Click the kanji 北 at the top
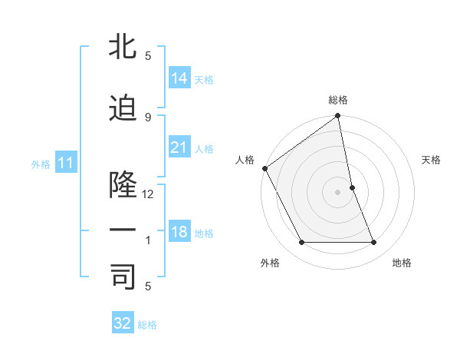[x=122, y=48]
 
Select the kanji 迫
[x=122, y=108]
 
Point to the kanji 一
[x=122, y=231]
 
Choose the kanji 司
[x=122, y=277]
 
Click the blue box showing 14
[x=179, y=78]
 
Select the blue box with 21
[x=179, y=147]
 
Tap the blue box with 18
[x=179, y=232]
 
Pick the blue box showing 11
[x=65, y=163]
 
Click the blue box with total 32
[x=123, y=323]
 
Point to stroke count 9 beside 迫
[x=148, y=116]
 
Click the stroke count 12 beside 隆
[x=148, y=194]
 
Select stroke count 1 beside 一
[x=148, y=240]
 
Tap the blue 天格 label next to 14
[x=204, y=79]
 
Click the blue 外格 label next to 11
[x=41, y=164]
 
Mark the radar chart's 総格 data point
[x=337, y=116]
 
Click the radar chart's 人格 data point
[x=264, y=168]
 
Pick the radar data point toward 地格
[x=374, y=243]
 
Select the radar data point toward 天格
[x=352, y=187]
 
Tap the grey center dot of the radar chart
[x=337, y=192]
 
